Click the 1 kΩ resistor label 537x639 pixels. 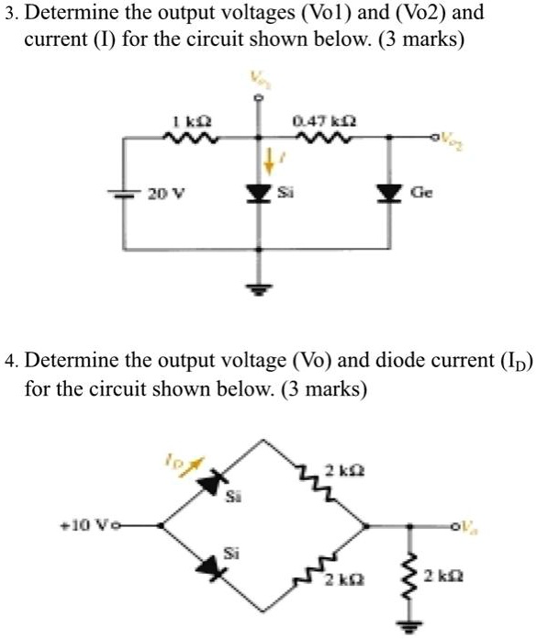tap(187, 121)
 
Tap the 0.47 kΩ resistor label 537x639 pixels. tap(312, 121)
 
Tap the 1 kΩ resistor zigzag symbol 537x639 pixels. tap(187, 139)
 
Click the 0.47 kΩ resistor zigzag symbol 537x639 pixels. tap(313, 139)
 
